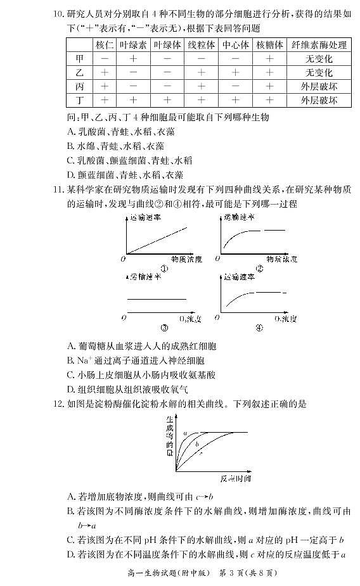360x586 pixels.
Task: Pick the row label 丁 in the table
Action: tap(79, 101)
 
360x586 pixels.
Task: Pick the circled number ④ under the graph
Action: tap(259, 328)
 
